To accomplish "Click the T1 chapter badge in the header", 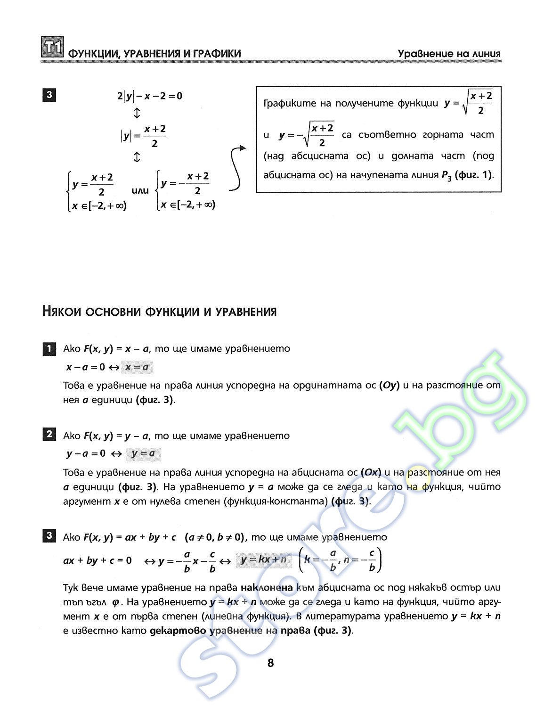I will click(52, 47).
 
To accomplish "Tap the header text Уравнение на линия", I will click(448, 54).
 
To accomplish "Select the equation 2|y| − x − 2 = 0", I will click(149, 96).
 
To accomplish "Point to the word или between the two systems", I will click(140, 191).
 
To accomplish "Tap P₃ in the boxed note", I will click(446, 175).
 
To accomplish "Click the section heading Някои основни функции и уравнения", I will click(159, 312).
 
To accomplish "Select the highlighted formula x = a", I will click(137, 367).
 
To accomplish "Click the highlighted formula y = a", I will click(143, 454).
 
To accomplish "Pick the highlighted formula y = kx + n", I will click(263, 560).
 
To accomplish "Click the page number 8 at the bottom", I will click(270, 663).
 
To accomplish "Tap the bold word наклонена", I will click(267, 588).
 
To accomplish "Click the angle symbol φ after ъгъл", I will click(115, 603).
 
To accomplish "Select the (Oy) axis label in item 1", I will click(389, 386).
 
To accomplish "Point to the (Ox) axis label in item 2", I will click(371, 472).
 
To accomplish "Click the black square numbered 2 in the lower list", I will click(49, 434).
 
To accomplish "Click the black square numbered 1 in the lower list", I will click(49, 349).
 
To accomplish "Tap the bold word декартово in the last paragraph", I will click(178, 631).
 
